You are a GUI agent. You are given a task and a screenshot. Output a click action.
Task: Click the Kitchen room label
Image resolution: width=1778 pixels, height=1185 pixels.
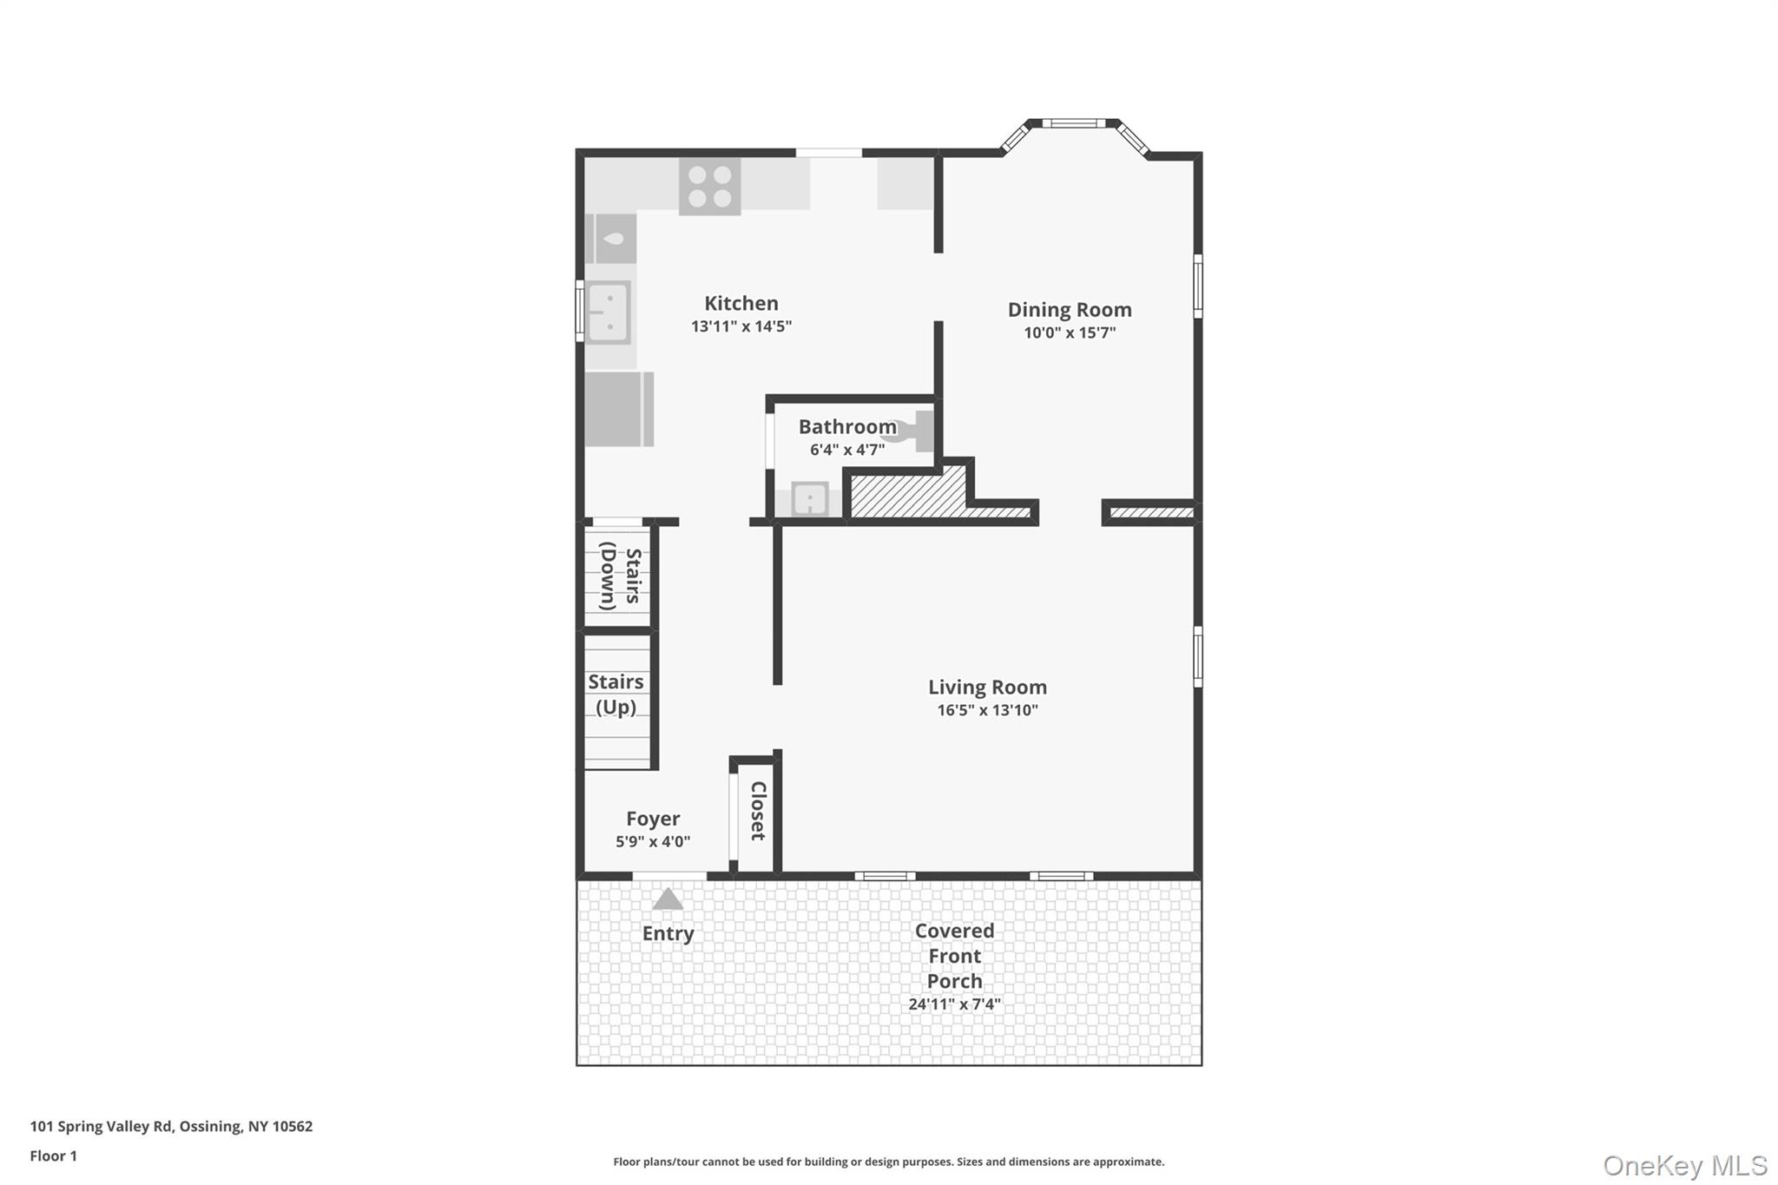point(741,303)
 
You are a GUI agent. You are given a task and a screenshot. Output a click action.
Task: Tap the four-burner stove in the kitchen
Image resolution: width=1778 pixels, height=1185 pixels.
point(709,187)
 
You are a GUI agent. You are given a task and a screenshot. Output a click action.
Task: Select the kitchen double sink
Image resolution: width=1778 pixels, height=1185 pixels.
point(608,313)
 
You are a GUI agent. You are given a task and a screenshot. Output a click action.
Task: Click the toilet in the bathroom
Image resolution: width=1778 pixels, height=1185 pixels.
point(912,431)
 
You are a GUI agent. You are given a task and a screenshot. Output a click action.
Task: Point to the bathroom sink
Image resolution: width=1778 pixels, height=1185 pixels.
point(809,499)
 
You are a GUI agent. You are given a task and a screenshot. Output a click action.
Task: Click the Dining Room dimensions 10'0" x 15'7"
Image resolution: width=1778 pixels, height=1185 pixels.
point(1069,332)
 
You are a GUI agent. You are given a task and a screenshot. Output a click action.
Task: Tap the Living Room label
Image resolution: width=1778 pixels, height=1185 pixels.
point(987,687)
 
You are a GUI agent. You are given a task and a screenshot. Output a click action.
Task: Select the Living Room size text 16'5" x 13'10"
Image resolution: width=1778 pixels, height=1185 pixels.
point(987,710)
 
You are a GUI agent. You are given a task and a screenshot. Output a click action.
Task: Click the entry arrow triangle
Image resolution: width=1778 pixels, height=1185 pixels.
point(668,899)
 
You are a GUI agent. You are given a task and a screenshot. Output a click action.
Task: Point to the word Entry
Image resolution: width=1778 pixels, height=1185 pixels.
point(668,933)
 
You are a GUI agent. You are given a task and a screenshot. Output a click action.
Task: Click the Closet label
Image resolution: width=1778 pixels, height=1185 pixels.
point(758,811)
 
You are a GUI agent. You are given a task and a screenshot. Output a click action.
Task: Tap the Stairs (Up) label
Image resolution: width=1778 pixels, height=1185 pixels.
point(616,695)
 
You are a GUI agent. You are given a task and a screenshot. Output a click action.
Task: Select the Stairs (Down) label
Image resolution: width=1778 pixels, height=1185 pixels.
point(620,578)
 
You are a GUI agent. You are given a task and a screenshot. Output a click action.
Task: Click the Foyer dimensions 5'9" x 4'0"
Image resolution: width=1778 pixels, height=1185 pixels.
point(653,841)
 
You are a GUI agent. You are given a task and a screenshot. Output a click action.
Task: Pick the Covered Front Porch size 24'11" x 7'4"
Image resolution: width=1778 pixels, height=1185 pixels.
point(954,1004)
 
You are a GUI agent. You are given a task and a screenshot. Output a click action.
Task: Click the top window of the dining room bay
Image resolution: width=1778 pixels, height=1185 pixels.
point(1073,123)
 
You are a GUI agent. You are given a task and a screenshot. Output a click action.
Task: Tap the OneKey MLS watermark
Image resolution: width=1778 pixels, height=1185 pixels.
point(1684,1165)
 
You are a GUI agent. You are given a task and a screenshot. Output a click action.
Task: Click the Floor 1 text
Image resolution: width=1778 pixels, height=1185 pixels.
point(53,1155)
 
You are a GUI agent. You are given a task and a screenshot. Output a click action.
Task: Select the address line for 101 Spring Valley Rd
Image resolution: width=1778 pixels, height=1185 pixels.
point(171,1126)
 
